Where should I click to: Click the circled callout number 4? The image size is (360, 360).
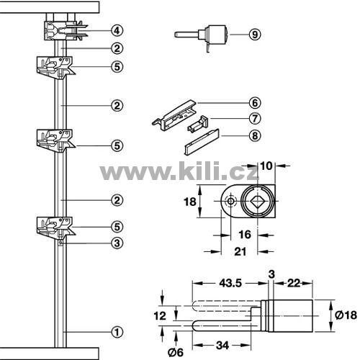point(117,31)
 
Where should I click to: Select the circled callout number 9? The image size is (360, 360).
point(255,35)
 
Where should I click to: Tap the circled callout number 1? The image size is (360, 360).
point(117,332)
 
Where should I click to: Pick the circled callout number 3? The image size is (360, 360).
point(117,243)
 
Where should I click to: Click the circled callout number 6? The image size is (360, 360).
point(255,103)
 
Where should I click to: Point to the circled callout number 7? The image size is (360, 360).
point(255,118)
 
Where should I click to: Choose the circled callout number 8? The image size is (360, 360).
point(255,136)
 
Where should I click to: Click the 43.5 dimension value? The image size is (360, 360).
point(230,283)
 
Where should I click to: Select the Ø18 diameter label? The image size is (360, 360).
point(346,315)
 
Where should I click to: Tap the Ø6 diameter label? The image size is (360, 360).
point(176,352)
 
